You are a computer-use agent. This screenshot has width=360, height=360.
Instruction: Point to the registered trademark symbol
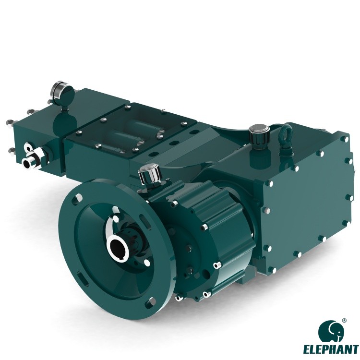[344, 320]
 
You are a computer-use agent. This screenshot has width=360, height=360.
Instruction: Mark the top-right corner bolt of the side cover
[344, 139]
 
